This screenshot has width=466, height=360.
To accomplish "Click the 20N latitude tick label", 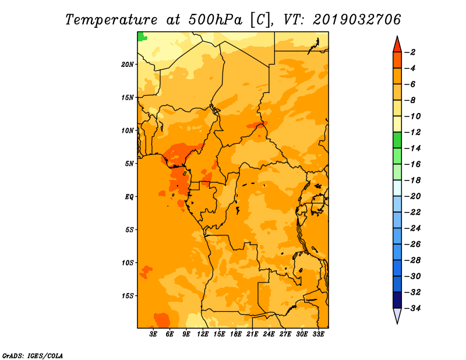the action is click(127, 65).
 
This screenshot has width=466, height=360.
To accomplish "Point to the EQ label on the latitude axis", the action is click(129, 197).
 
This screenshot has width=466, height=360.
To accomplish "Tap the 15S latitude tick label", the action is click(127, 296).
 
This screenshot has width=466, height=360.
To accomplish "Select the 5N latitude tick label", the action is click(129, 164).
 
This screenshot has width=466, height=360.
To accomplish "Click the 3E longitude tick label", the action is click(153, 334).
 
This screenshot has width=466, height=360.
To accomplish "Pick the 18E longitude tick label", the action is click(236, 334).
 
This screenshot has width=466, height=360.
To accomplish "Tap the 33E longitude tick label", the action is click(318, 334).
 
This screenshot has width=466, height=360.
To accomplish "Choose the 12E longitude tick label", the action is click(203, 334).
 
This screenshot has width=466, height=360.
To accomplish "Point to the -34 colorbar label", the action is click(412, 308).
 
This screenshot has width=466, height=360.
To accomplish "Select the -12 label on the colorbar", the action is click(412, 132).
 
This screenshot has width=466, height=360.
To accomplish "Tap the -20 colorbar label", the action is click(412, 196).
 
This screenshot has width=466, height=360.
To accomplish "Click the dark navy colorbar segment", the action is click(397, 300).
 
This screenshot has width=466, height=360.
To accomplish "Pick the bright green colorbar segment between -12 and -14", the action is click(397, 140).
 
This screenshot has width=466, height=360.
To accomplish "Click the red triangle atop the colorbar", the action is click(397, 45).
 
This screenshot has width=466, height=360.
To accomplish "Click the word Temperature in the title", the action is click(111, 20).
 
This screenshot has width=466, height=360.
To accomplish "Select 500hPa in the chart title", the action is click(215, 20).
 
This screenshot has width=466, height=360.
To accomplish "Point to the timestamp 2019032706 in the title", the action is click(357, 20).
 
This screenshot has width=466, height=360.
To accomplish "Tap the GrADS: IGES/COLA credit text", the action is click(33, 356).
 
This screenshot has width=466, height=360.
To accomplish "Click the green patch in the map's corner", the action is click(142, 36).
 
